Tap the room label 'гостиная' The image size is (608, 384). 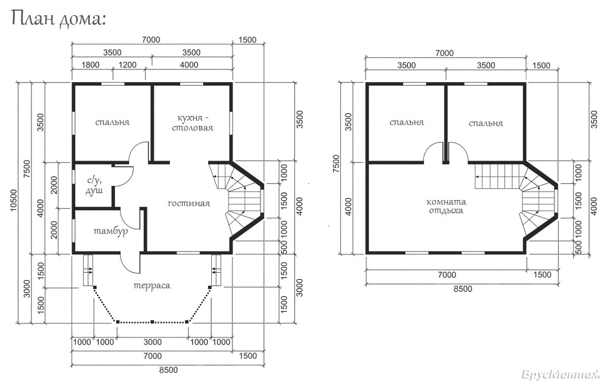189,203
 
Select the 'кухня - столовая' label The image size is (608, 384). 193,123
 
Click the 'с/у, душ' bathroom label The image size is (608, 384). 94,185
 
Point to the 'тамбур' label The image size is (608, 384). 111,232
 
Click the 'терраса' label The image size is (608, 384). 152,286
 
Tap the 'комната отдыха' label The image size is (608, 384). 446,206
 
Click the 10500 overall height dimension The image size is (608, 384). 14,200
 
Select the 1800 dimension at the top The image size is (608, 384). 90,65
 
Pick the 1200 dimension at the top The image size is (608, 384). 128,65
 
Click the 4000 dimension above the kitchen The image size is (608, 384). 189,65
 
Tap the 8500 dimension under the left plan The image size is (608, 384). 168,370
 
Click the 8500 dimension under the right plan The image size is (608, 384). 463,289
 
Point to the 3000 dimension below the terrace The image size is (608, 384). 153,342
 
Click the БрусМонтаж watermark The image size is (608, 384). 561,375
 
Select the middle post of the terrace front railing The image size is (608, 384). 153,322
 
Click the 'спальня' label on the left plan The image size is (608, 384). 112,123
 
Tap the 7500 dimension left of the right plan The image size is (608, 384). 336,163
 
